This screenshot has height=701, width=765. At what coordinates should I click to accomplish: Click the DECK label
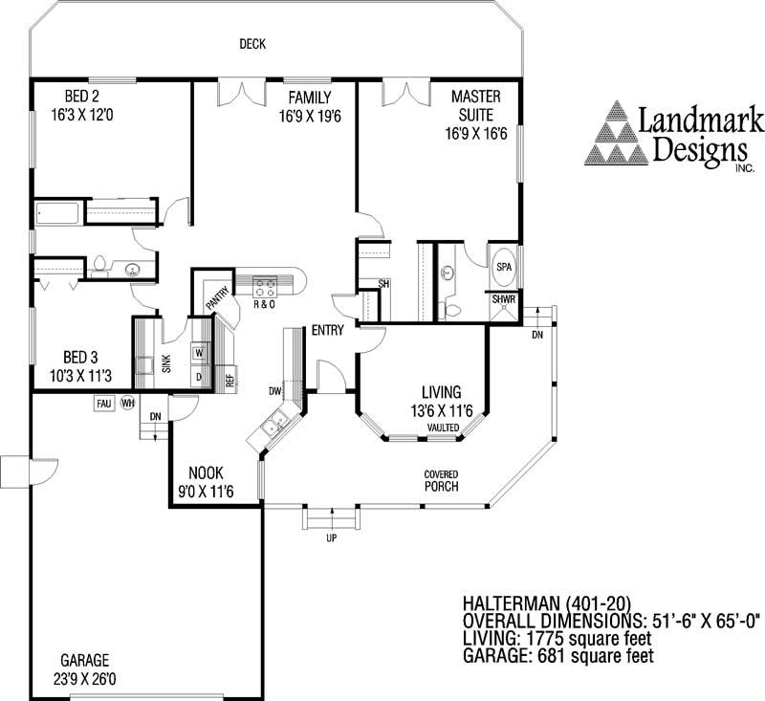[252, 44]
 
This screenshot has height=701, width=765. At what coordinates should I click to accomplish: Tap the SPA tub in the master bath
[504, 267]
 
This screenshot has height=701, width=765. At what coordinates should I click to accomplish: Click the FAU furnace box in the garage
[104, 404]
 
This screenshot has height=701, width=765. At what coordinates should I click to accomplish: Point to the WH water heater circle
[128, 403]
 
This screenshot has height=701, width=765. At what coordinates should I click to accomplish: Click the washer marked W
[199, 352]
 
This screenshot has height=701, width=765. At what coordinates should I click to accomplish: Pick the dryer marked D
[199, 377]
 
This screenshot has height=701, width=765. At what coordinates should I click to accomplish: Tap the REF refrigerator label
[230, 380]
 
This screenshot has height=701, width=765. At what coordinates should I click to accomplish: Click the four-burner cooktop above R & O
[265, 287]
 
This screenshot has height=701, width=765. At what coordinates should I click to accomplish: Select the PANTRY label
[218, 297]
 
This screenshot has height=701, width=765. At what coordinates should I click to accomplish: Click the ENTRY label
[327, 330]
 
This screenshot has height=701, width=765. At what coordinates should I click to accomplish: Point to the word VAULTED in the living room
[443, 427]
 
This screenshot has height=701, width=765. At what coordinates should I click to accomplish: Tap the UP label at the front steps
[332, 538]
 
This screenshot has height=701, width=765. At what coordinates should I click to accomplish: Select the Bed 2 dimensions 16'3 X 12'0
[82, 115]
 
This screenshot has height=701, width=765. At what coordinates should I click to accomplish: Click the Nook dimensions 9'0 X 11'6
[206, 492]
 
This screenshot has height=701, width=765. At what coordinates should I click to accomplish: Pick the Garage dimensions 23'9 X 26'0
[85, 679]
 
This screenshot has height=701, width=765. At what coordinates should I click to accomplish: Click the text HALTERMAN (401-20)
[547, 602]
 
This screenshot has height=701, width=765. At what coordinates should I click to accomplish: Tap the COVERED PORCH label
[441, 480]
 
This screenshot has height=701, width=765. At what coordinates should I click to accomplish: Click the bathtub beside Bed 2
[57, 213]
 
